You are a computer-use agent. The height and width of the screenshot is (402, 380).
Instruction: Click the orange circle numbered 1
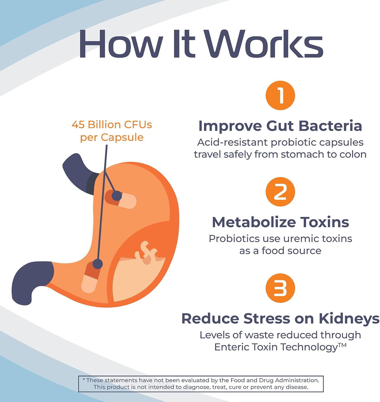click(x=280, y=95)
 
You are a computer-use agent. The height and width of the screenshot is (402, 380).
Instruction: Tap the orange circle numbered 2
click(x=280, y=192)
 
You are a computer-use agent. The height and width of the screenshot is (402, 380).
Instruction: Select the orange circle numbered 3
click(x=280, y=288)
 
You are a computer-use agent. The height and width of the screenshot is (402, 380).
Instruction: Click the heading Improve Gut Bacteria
click(x=280, y=126)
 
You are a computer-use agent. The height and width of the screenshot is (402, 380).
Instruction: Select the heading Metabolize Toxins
click(x=280, y=222)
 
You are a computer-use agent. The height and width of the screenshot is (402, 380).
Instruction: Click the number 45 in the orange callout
click(x=78, y=125)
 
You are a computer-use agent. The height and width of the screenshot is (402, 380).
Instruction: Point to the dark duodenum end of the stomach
click(x=29, y=281)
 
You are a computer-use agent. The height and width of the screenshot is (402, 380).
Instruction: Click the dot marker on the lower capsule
click(x=98, y=264)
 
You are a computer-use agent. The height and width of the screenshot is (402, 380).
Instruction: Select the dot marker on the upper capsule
click(x=117, y=196)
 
